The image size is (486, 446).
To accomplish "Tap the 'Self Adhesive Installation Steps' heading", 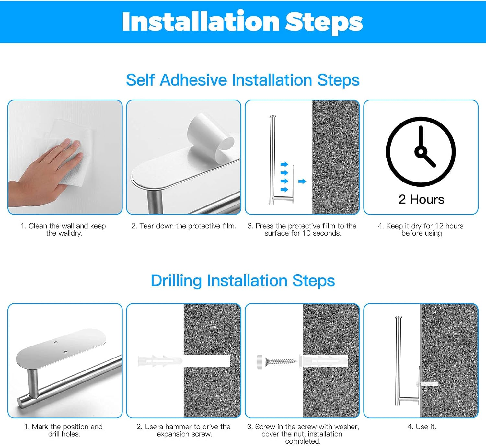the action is point(243,80).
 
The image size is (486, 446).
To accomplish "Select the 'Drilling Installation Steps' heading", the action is point(243,281).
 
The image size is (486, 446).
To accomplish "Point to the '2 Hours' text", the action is point(421,199).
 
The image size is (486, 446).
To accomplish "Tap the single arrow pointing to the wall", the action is point(302,181).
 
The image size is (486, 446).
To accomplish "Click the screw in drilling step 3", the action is point(281,362).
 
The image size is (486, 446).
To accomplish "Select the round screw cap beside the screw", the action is point(260,362).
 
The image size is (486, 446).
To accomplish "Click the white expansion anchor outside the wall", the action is point(160,361).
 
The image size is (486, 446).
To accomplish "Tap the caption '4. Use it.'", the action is point(422,427).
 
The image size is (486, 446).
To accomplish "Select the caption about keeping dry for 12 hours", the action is point(421,229).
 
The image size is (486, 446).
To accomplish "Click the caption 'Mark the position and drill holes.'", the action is point(64,430).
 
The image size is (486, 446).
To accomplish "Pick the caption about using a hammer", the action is point(184,430).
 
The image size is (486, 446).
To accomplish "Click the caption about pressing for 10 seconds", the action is point(302,229).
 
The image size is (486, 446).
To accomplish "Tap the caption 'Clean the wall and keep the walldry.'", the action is point(64,229).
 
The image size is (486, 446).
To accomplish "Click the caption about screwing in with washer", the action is point(303,434).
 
